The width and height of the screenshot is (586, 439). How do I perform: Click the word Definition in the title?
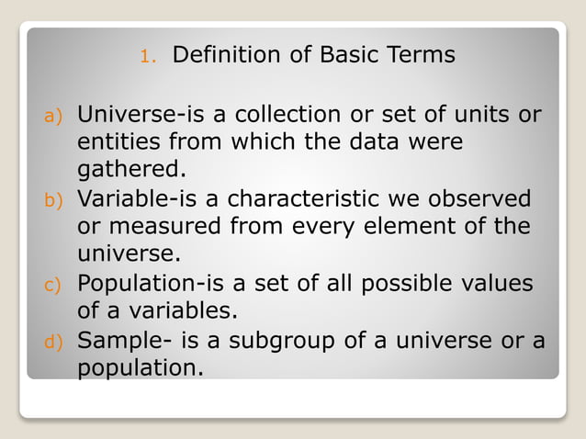point(227,55)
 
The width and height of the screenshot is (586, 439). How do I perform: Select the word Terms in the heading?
point(420,55)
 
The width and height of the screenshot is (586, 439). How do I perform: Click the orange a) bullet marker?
point(53,117)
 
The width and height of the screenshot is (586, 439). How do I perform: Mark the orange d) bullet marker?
point(53,341)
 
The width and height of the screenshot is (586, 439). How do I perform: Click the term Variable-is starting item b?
point(148,198)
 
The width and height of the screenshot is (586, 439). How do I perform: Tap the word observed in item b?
point(482,198)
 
